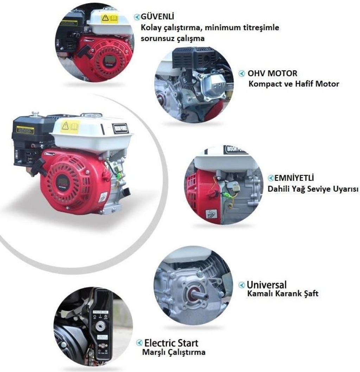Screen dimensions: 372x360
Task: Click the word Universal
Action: [x=266, y=284]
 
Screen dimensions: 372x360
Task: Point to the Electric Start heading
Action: [x=172, y=343]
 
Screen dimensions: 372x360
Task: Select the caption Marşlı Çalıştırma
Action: [x=174, y=352]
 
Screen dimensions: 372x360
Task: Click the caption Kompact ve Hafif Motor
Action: [x=294, y=84]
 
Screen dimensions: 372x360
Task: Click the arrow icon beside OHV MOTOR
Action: [x=242, y=74]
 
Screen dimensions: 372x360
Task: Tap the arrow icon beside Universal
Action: [x=242, y=284]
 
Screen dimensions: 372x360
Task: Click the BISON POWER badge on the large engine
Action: [x=120, y=128]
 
